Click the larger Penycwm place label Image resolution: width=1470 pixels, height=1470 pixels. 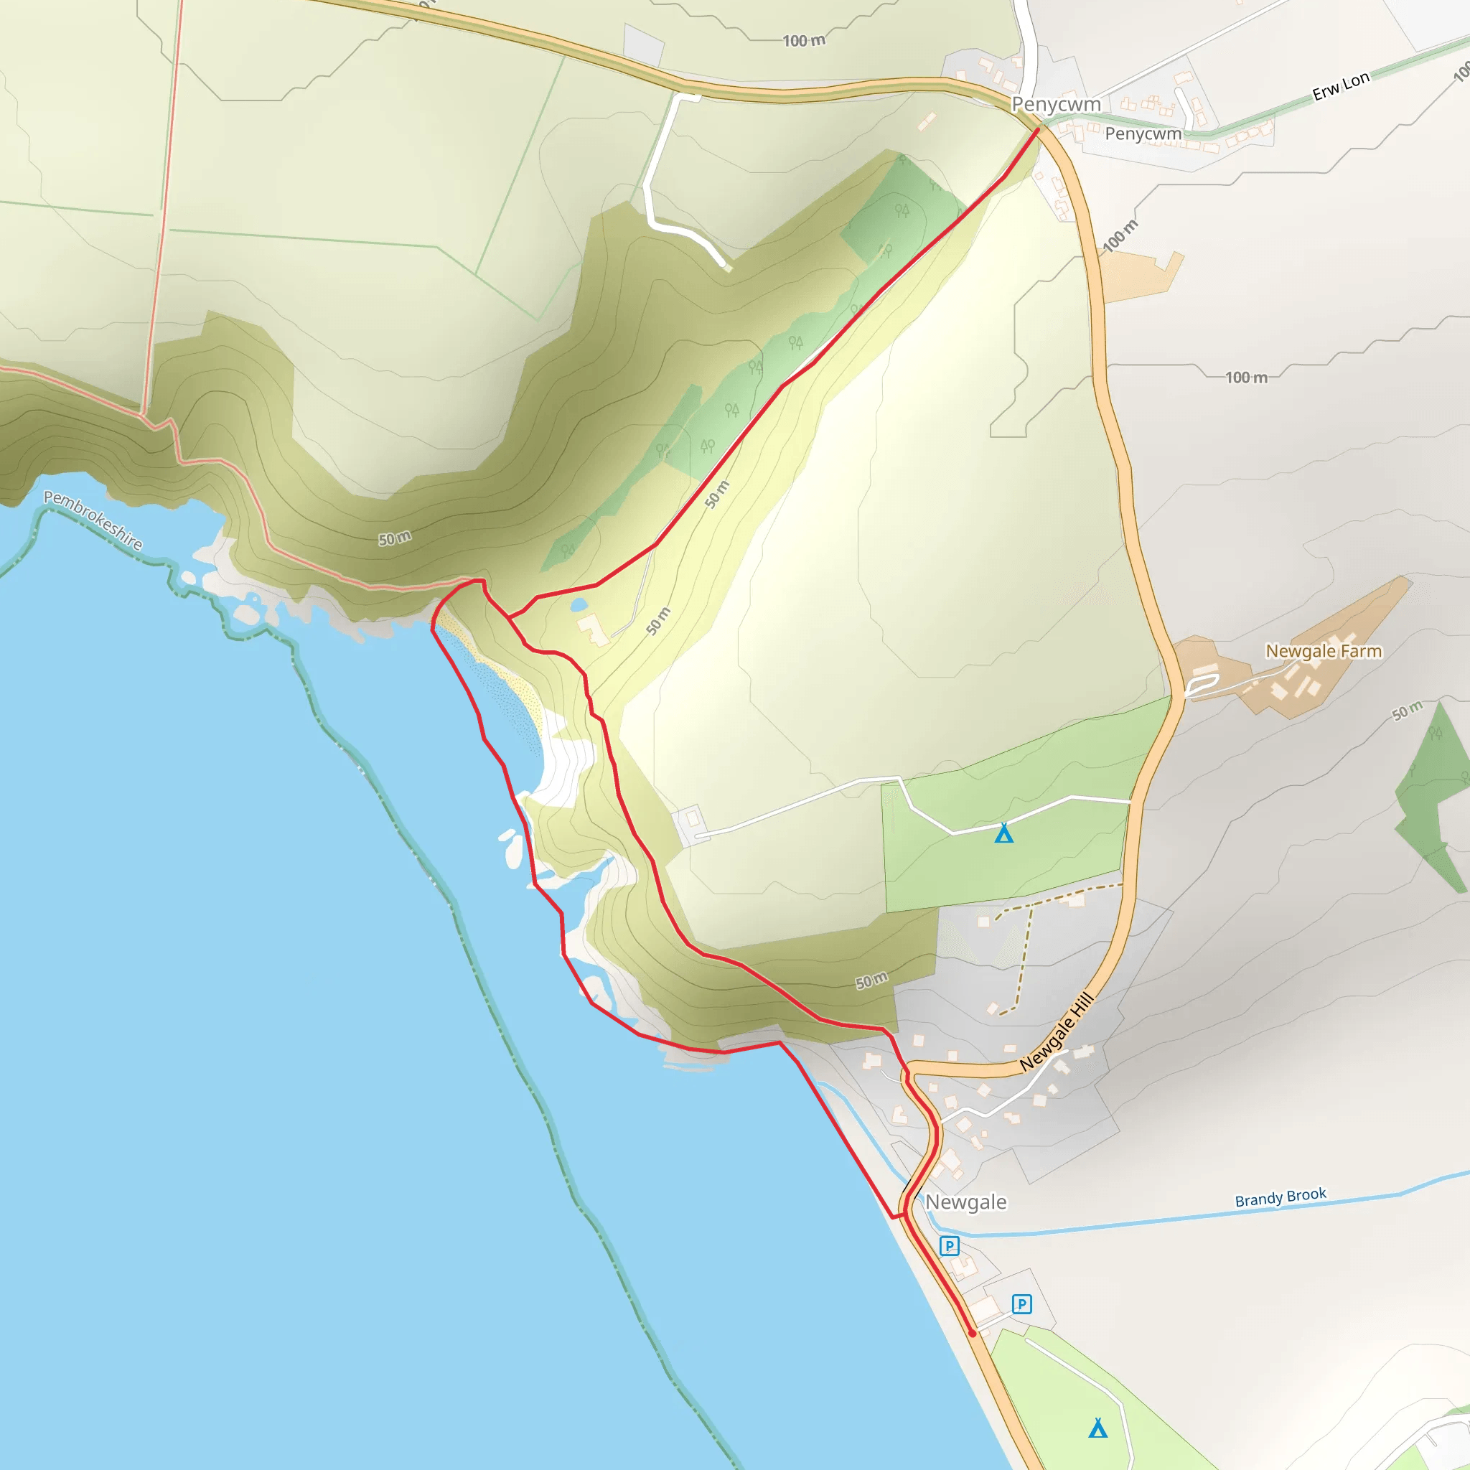[1055, 104]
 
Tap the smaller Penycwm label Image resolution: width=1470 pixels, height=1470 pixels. [1143, 134]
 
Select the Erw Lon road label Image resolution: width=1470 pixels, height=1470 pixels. [1341, 86]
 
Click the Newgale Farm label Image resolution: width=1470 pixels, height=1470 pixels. [1323, 651]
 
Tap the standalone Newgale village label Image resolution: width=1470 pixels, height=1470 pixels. [965, 1202]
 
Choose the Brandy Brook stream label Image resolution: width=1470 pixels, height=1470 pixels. [1281, 1198]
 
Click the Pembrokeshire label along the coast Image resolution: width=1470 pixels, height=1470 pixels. [93, 520]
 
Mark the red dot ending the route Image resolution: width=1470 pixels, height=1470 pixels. [973, 1333]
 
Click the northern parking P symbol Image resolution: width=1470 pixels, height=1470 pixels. [950, 1246]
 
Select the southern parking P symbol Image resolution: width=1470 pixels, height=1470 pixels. [1022, 1304]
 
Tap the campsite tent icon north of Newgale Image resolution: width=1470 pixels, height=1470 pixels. [1004, 834]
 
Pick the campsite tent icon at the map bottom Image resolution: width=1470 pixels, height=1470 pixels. [1098, 1428]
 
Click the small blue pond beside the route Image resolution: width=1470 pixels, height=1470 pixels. [579, 605]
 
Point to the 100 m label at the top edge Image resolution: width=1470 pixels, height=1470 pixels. [803, 41]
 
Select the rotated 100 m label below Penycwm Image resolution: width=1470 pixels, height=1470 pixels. [1120, 236]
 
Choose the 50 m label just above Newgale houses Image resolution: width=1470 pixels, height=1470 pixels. [871, 980]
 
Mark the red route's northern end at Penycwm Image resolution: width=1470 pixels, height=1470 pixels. [1038, 130]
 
